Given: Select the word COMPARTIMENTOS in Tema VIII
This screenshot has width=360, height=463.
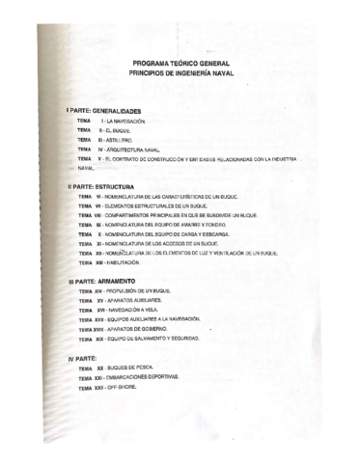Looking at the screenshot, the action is (x=145, y=215).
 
